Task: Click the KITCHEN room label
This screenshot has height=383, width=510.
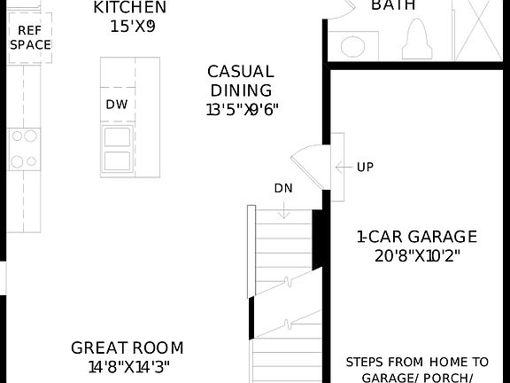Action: click(x=129, y=8)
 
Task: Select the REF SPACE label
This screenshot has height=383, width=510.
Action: click(x=30, y=37)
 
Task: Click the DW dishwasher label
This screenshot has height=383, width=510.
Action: click(x=117, y=105)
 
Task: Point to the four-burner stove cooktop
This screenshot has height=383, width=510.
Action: click(x=24, y=149)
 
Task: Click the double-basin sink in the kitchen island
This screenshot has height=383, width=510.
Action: click(x=117, y=149)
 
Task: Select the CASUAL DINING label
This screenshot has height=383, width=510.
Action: click(x=241, y=81)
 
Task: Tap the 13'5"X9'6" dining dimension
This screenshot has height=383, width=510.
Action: click(x=243, y=111)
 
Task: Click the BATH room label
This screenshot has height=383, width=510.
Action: click(x=394, y=6)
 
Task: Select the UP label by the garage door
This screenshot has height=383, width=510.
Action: click(x=365, y=167)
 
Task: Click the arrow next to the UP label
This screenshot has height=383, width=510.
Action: click(x=343, y=167)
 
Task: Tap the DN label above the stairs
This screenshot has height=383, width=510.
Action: click(x=283, y=188)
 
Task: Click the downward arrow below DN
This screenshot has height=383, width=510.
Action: click(x=283, y=210)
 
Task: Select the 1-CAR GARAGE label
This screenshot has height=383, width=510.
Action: click(x=416, y=237)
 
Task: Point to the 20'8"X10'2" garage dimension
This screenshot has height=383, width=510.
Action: click(x=416, y=256)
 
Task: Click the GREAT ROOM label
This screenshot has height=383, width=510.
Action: click(x=127, y=348)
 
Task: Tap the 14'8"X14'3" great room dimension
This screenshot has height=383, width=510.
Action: click(x=128, y=366)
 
